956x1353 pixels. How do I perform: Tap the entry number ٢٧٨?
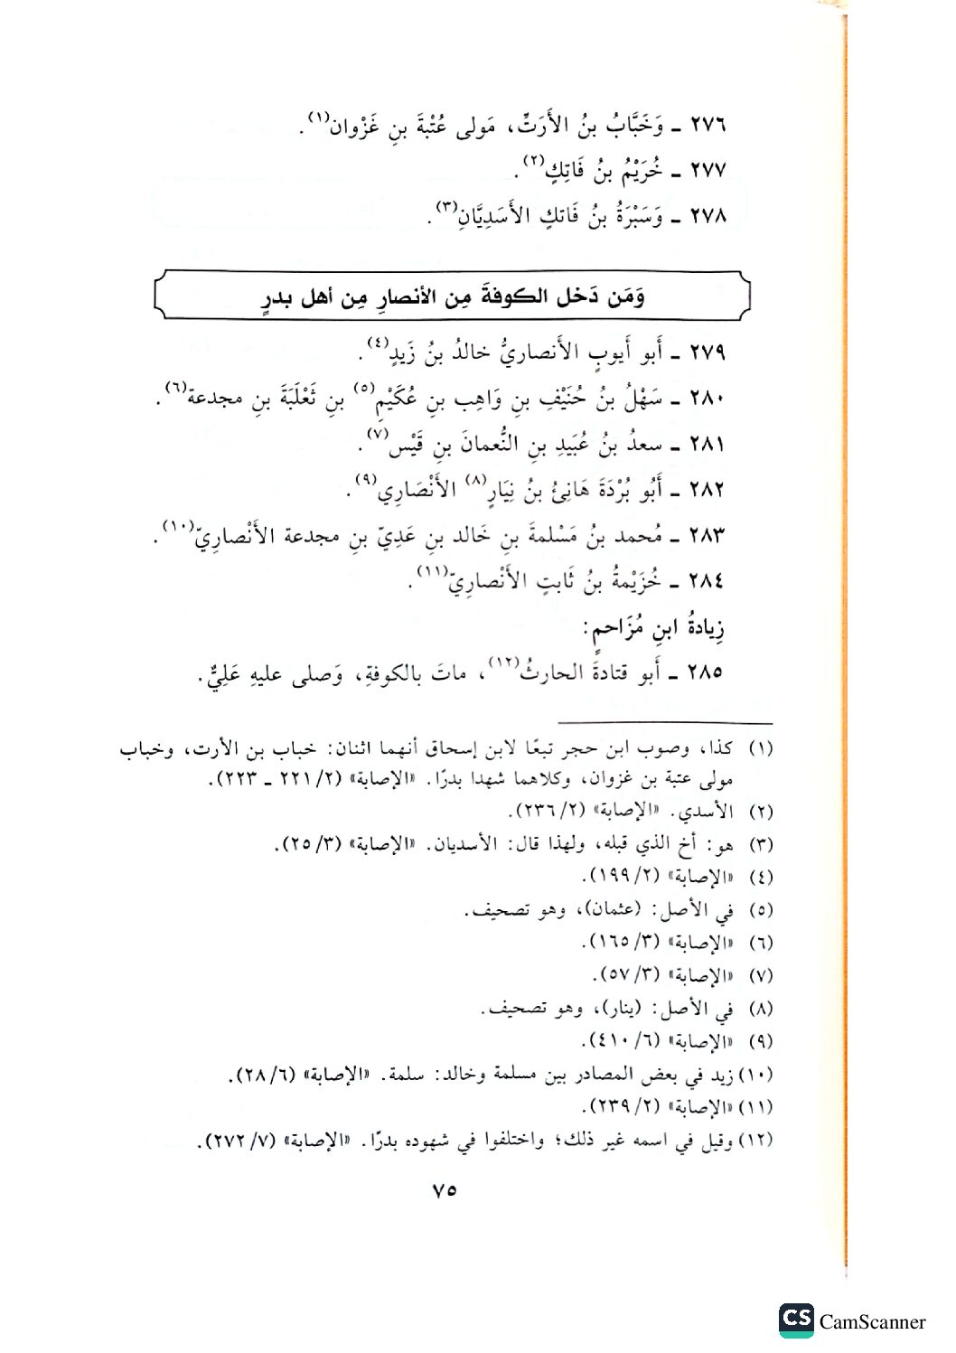pyautogui.click(x=708, y=217)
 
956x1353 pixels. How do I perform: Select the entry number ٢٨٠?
pyautogui.click(x=708, y=399)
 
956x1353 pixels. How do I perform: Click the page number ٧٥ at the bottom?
pyautogui.click(x=444, y=1190)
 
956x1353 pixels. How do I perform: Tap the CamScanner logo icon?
pyautogui.click(x=796, y=1320)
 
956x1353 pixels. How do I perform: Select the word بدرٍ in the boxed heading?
pyautogui.click(x=279, y=299)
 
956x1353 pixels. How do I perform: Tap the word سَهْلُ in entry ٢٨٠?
pyautogui.click(x=640, y=399)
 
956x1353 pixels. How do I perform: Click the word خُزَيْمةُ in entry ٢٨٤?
pyautogui.click(x=634, y=580)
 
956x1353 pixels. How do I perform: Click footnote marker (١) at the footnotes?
pyautogui.click(x=762, y=749)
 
